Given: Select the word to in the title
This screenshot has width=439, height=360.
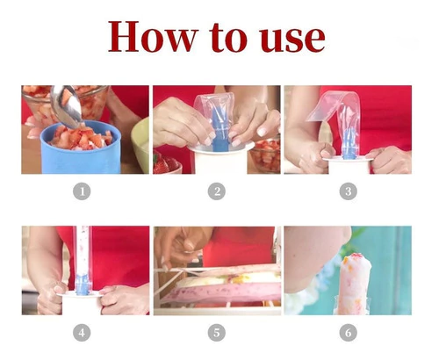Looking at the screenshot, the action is [x=228, y=38].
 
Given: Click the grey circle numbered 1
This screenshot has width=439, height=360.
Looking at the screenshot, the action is [x=82, y=191].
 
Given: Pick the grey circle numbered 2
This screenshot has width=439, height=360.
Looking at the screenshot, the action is [x=217, y=191].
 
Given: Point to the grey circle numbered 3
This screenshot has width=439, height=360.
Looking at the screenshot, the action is [x=349, y=191].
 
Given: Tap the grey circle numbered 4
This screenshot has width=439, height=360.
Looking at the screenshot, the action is [x=82, y=333].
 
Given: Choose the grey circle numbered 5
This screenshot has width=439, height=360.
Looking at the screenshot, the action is [x=217, y=333].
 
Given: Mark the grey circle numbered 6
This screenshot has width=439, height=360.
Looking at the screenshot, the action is [x=349, y=333].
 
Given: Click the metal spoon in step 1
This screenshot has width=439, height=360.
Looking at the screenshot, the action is [x=66, y=105].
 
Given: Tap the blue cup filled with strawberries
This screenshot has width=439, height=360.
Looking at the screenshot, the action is [x=81, y=148].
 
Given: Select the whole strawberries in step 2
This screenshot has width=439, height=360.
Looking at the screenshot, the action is [x=166, y=164].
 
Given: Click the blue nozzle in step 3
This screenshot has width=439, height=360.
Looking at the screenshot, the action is [x=349, y=144].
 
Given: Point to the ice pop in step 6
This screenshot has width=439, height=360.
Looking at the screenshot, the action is [x=356, y=284].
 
